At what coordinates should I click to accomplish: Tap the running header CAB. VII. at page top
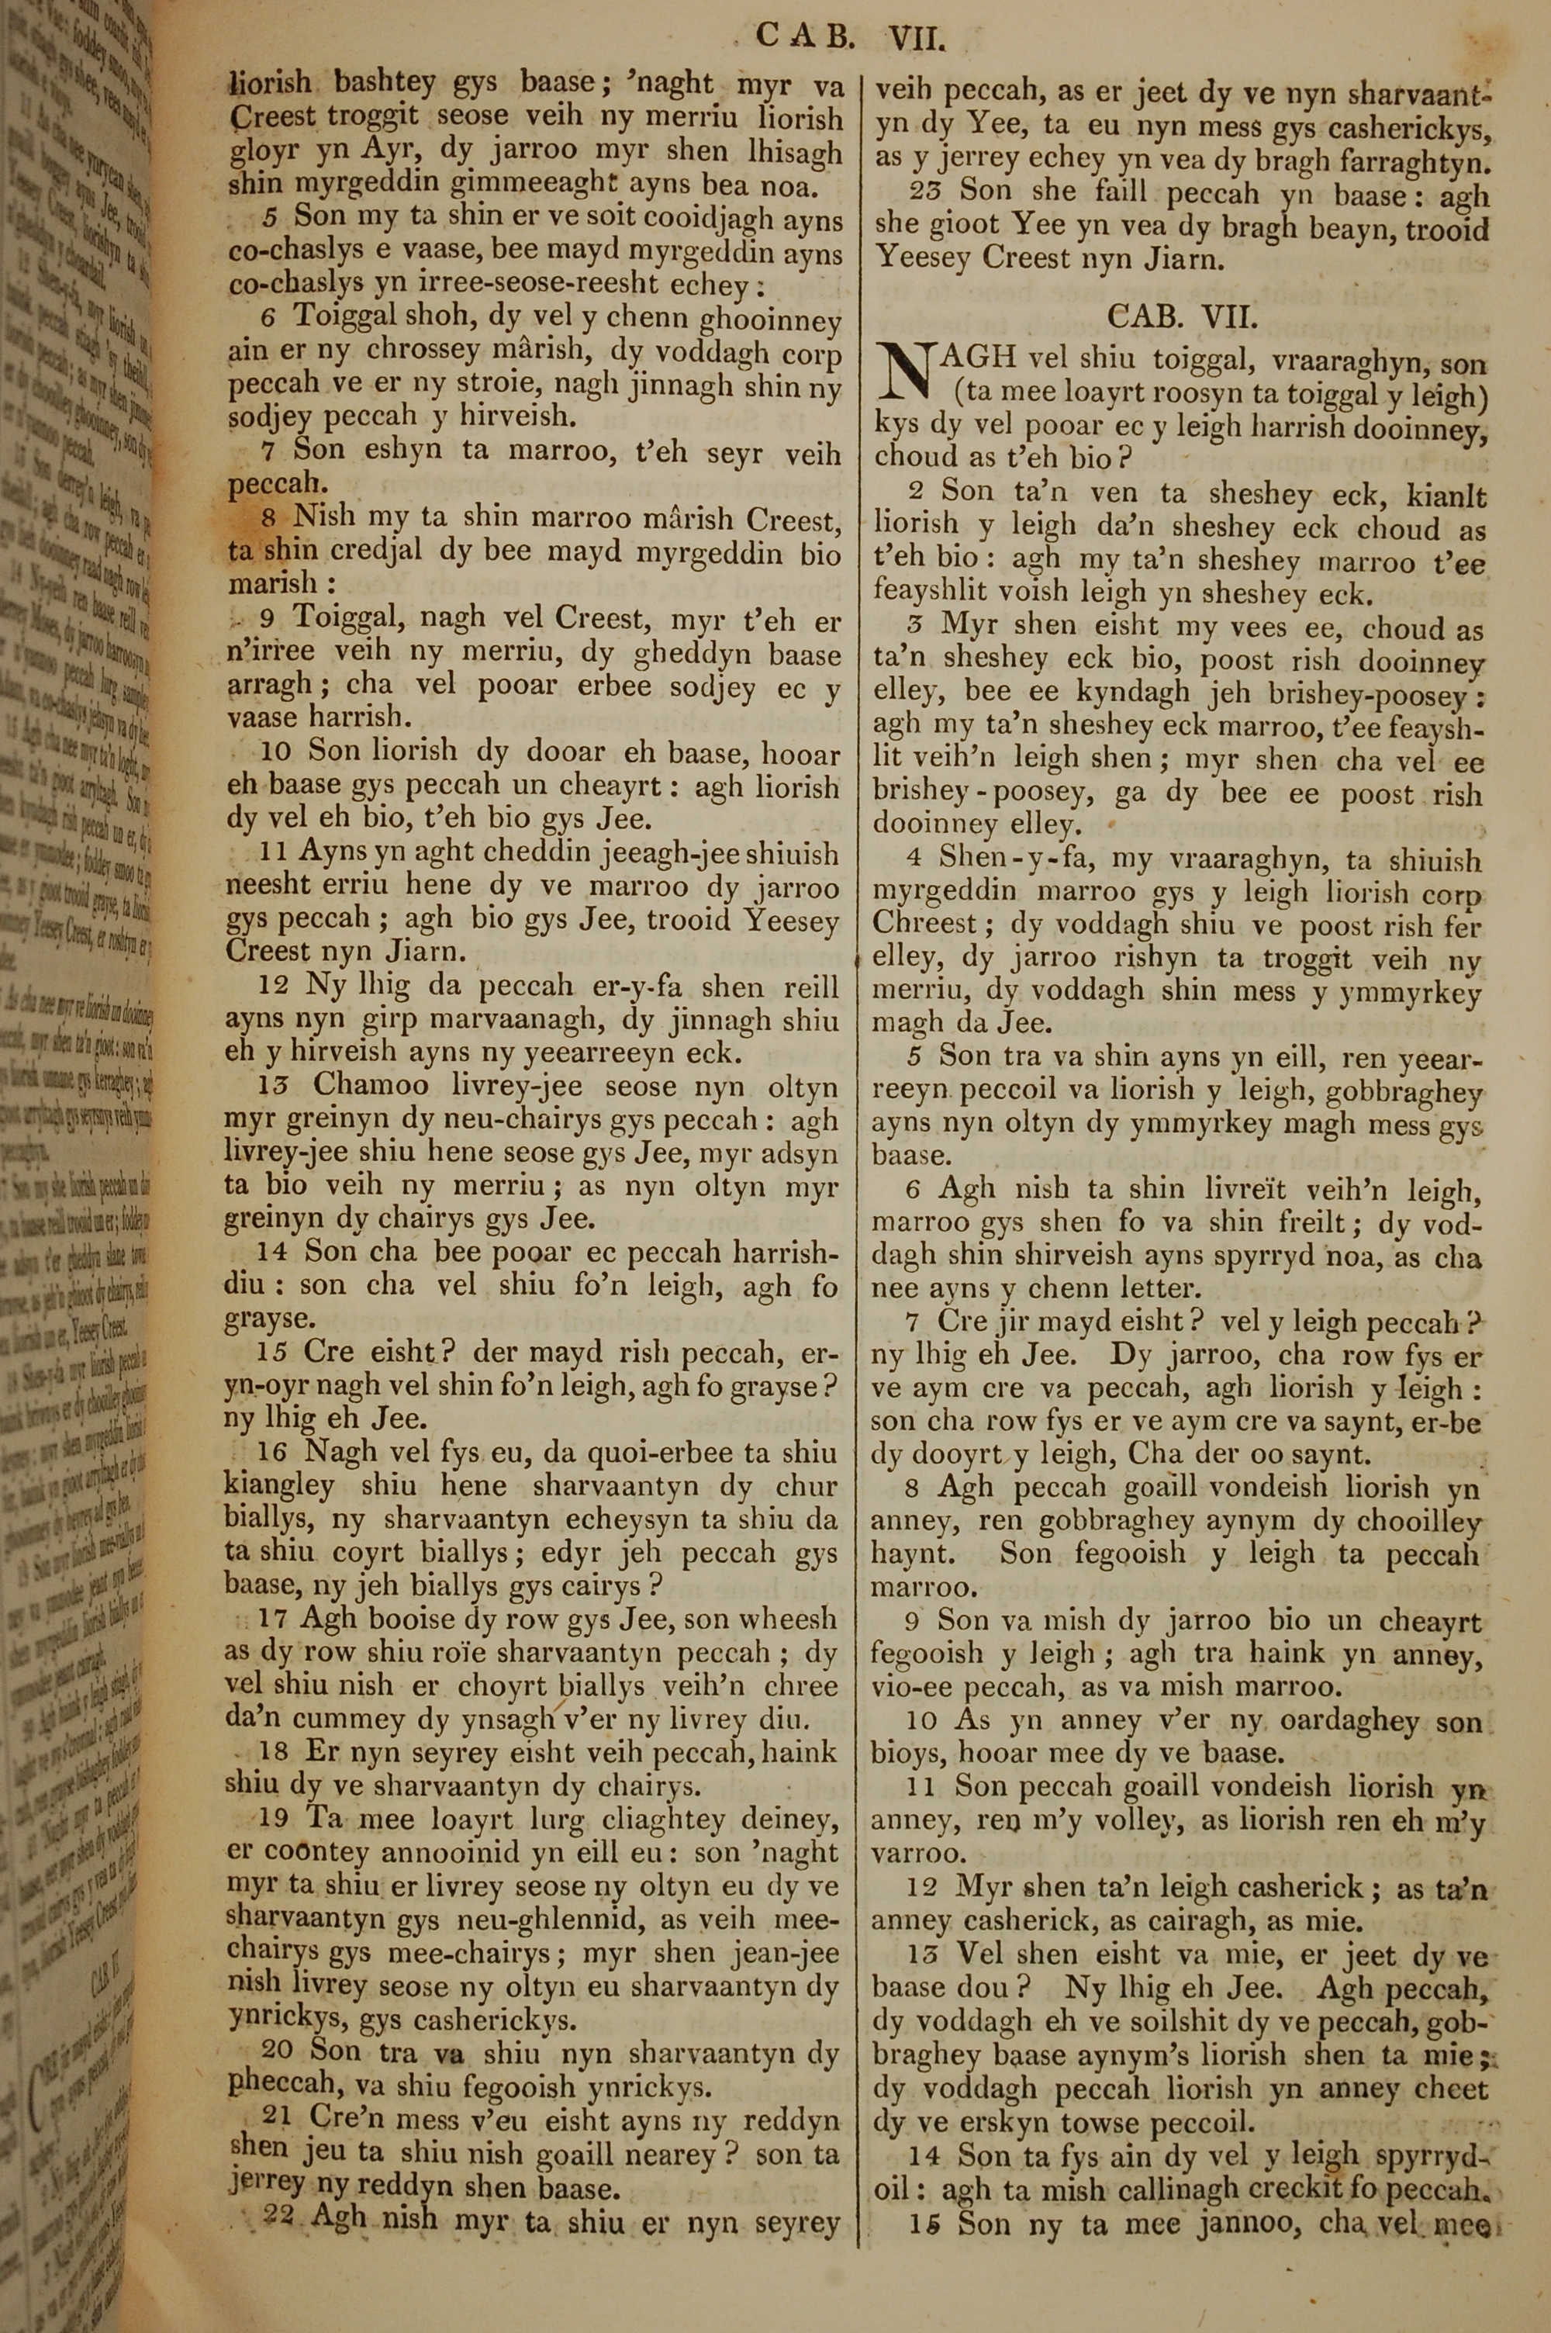pyautogui.click(x=851, y=37)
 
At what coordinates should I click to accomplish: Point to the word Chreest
pyautogui.click(x=924, y=924)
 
